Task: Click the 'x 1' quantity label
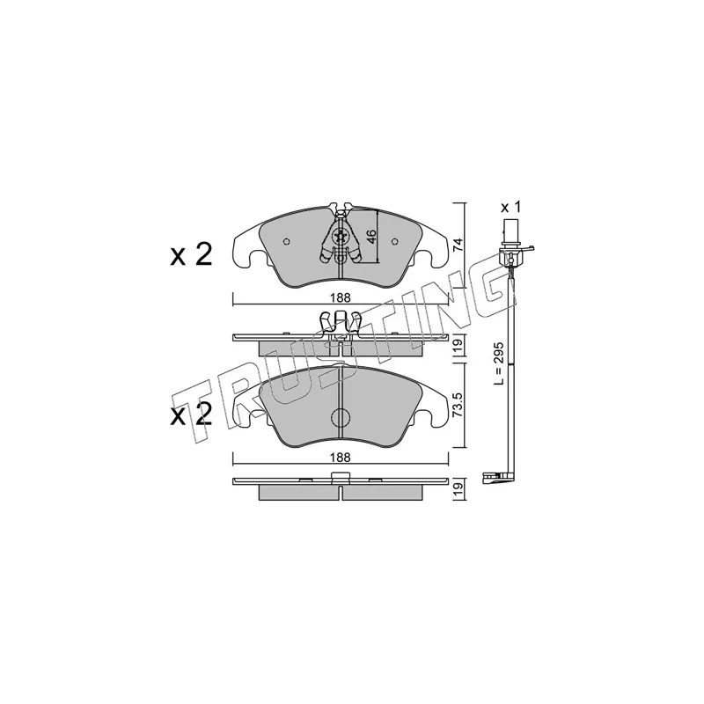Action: coord(510,207)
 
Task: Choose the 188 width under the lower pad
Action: coord(341,458)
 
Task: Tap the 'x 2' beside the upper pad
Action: coord(191,255)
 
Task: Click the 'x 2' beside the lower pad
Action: coord(191,414)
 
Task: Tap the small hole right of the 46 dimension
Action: coord(393,241)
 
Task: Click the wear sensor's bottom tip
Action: coord(488,479)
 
